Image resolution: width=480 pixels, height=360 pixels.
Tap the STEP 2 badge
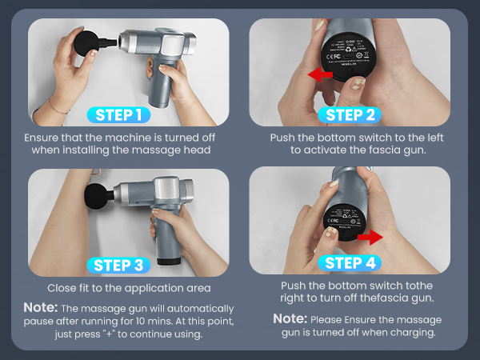[348, 114]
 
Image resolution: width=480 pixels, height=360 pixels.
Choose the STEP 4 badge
[350, 263]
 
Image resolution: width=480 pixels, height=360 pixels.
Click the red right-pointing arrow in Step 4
[369, 238]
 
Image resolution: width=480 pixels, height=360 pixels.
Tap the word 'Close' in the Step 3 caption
[62, 287]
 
